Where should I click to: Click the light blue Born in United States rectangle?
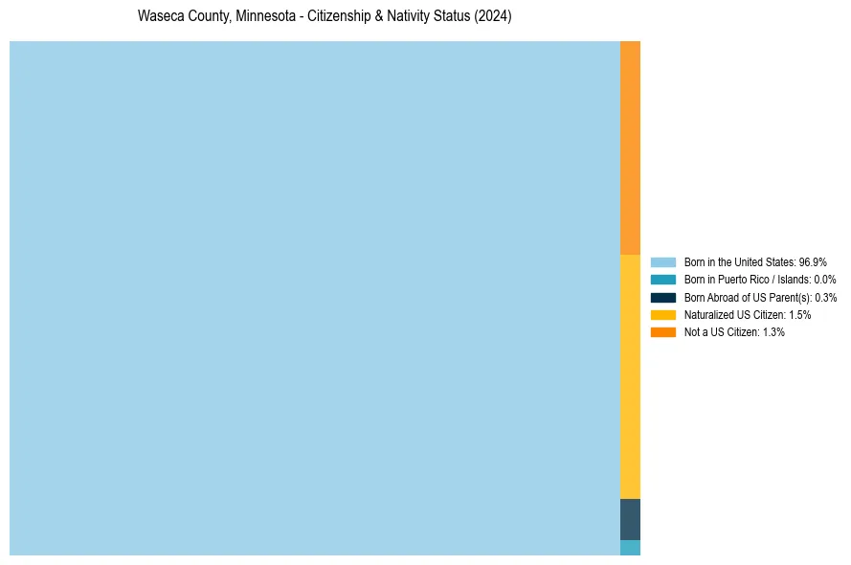point(314,298)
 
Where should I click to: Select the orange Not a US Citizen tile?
point(630,147)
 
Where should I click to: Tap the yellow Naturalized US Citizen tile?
point(630,376)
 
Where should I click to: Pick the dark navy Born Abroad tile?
point(630,519)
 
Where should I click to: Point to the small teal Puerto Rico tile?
point(630,548)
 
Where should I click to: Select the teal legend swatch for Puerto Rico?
point(662,280)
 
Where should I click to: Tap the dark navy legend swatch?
point(662,298)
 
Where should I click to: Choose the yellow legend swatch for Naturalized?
point(662,315)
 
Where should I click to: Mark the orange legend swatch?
point(662,332)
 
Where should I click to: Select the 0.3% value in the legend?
point(825,298)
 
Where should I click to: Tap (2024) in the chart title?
point(493,17)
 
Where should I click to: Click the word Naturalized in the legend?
point(705,315)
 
